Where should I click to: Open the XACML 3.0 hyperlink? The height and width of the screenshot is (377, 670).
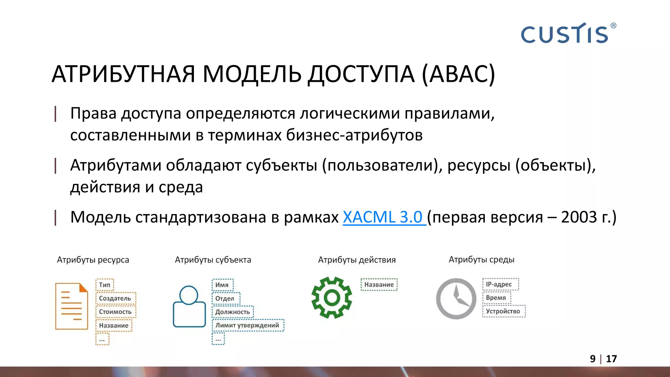coord(383,217)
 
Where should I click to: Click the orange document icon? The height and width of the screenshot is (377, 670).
coord(72,306)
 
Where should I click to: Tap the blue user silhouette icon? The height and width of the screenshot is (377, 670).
coord(189,306)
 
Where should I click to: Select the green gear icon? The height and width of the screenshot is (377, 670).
coord(332,297)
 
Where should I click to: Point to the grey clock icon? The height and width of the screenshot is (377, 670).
coord(456,298)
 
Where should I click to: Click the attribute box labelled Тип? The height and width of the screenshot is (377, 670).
coord(105,285)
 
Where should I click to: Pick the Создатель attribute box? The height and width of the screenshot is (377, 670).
coord(115,298)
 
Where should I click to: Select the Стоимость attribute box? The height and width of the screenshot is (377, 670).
coord(115,312)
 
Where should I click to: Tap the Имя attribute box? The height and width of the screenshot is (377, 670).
coord(222,285)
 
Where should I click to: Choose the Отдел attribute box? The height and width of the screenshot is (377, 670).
coord(225,298)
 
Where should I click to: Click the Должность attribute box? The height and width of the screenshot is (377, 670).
coord(233,312)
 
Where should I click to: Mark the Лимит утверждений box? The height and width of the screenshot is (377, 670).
coord(248,325)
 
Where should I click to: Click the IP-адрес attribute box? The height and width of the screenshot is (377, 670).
coord(500,284)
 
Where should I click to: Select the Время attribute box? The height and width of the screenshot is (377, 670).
coord(496,298)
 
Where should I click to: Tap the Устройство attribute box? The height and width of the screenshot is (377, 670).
coord(503,311)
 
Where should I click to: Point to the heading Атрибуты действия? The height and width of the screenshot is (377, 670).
coord(357,260)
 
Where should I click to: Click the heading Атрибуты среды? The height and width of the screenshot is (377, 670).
coord(482,260)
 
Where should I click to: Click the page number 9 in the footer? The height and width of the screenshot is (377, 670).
coord(593,359)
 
